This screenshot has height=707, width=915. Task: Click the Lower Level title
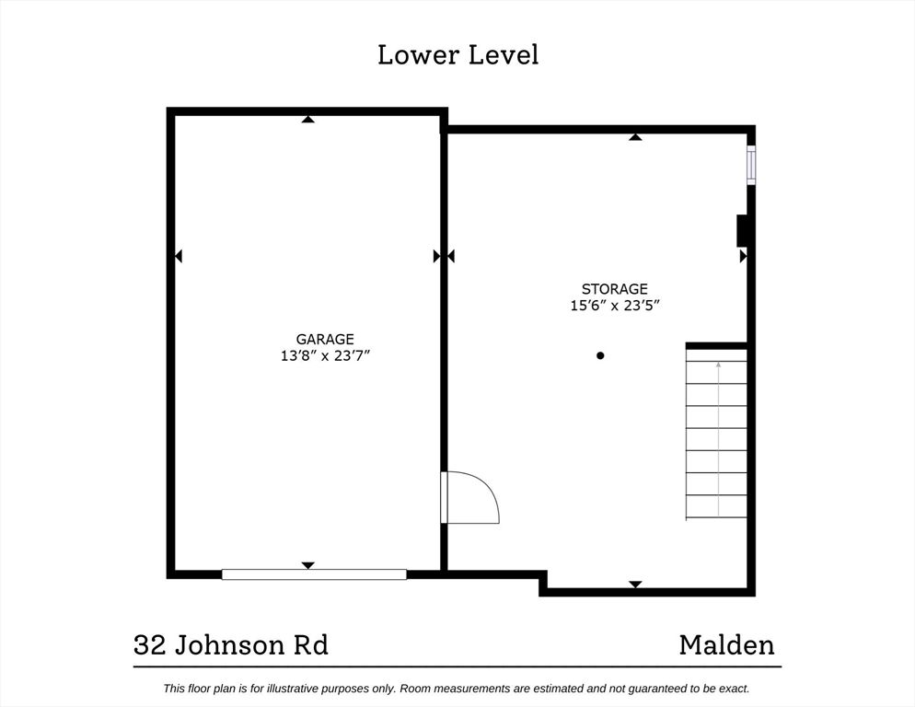458,55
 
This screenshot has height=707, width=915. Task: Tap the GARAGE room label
325,339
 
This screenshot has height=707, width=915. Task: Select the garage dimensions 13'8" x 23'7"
326,355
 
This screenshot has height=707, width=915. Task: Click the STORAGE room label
615,289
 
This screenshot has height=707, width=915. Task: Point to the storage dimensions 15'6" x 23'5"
615,306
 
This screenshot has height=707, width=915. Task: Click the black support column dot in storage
600,355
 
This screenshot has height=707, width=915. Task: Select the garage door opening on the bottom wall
314,574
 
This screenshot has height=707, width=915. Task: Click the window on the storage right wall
751,165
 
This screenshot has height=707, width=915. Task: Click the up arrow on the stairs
718,439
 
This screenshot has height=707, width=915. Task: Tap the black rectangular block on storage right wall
742,231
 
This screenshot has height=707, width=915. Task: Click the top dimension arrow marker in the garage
308,119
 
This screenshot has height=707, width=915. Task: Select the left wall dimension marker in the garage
179,256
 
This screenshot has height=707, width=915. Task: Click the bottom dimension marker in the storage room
635,585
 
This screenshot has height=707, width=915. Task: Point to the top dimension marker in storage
635,137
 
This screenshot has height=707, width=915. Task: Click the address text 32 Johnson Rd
231,645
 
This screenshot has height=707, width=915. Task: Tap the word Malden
727,645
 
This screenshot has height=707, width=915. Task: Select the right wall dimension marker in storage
744,256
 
